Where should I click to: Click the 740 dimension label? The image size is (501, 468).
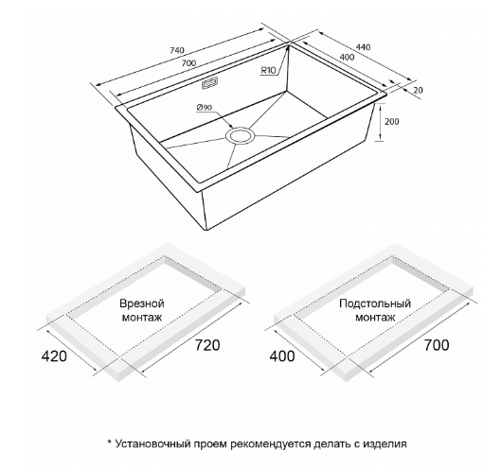click(x=178, y=50)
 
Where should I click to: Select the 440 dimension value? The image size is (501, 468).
click(x=364, y=47)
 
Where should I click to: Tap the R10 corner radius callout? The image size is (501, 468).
click(x=268, y=70)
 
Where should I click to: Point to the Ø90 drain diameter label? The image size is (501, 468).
click(x=205, y=108)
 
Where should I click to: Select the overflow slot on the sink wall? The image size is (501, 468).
click(x=209, y=83)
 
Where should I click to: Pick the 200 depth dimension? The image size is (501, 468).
click(x=392, y=122)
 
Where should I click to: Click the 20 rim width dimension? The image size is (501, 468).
click(x=418, y=90)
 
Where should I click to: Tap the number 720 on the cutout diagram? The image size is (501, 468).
click(x=207, y=345)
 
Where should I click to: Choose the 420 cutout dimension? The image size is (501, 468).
click(x=54, y=356)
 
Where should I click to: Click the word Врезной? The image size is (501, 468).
click(x=142, y=303)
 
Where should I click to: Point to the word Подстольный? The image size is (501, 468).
click(x=375, y=303)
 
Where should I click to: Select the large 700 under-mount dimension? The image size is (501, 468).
click(x=437, y=345)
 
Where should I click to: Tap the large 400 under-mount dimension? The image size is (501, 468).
click(x=282, y=356)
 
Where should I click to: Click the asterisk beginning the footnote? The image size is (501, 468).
click(x=109, y=442)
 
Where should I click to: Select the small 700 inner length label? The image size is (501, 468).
click(x=188, y=63)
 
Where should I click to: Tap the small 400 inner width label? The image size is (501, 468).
click(x=347, y=57)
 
